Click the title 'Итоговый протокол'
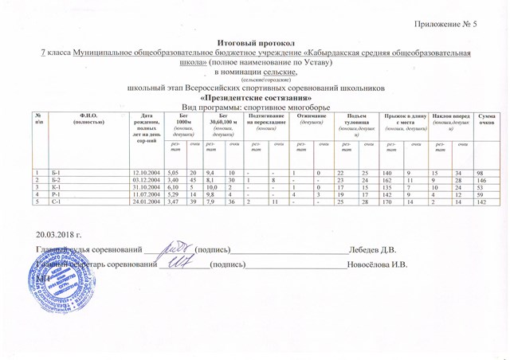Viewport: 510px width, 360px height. point(256,41)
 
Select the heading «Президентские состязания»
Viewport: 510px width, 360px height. point(256,96)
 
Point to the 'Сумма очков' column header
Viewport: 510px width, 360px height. point(486,119)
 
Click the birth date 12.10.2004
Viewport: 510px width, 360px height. point(147,173)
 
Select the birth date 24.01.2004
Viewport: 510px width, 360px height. point(147,202)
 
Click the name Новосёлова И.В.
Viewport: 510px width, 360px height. point(375,265)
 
